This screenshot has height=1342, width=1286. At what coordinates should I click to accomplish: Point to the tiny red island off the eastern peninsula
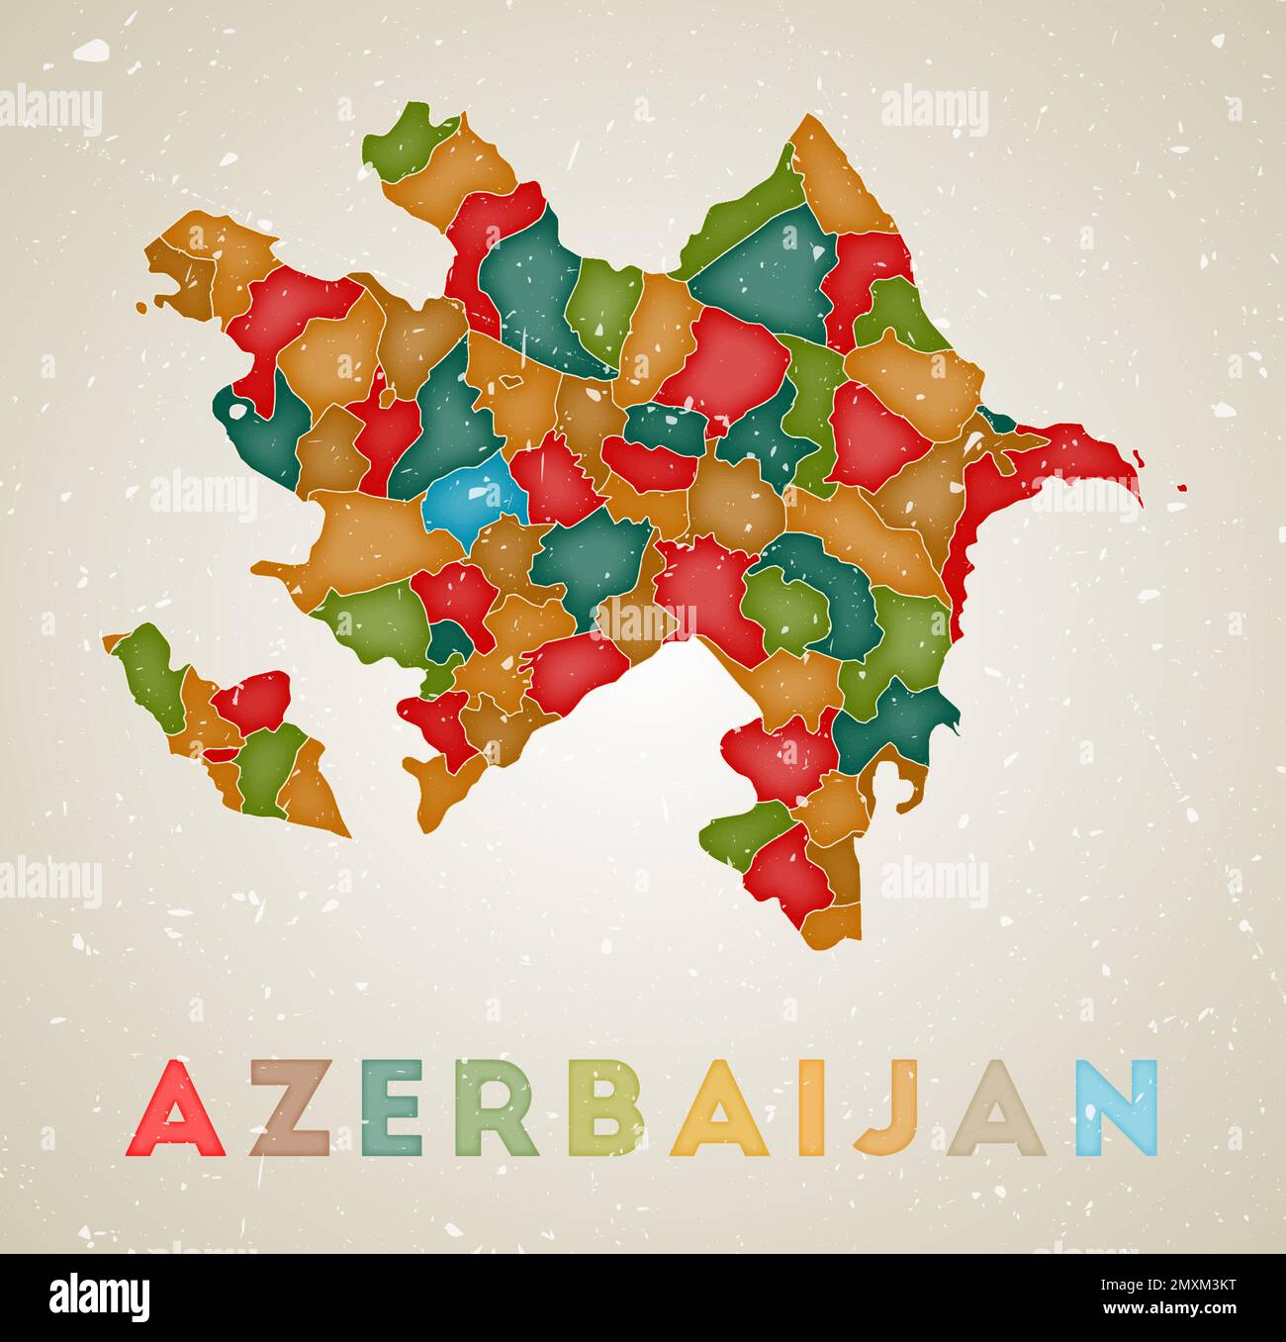1181,487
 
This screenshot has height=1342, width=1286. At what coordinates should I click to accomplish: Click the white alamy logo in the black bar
100,1295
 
